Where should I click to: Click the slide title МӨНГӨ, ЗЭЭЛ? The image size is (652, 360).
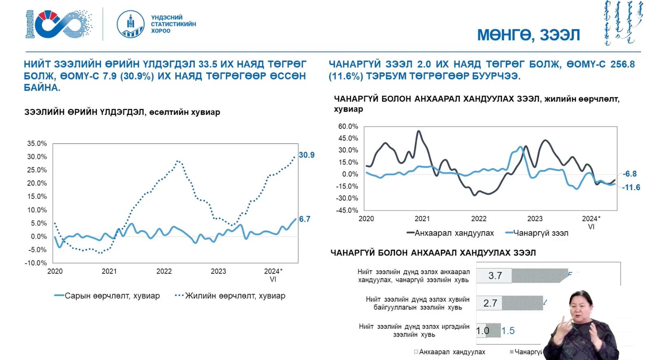coord(528,35)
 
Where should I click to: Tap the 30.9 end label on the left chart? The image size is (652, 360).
coord(306,155)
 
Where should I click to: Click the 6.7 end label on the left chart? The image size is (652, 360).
coord(304,219)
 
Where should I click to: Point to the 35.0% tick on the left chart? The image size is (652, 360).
coord(37,144)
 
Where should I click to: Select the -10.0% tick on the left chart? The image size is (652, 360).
coord(36,263)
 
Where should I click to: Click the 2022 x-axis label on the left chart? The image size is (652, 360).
coord(164,271)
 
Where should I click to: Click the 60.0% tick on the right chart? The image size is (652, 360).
coord(348,127)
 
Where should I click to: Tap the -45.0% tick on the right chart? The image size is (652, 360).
coord(347,211)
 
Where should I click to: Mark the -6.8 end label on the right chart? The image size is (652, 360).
coord(630,174)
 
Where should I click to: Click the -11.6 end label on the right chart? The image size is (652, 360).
coord(631,187)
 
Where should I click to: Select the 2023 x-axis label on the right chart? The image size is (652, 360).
coord(535,219)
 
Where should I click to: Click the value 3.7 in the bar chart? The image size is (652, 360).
coord(495,276)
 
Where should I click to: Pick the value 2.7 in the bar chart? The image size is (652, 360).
coord(490,303)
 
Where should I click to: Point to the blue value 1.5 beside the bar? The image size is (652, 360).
coord(508,331)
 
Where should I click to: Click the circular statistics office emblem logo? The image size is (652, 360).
coord(130,24)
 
